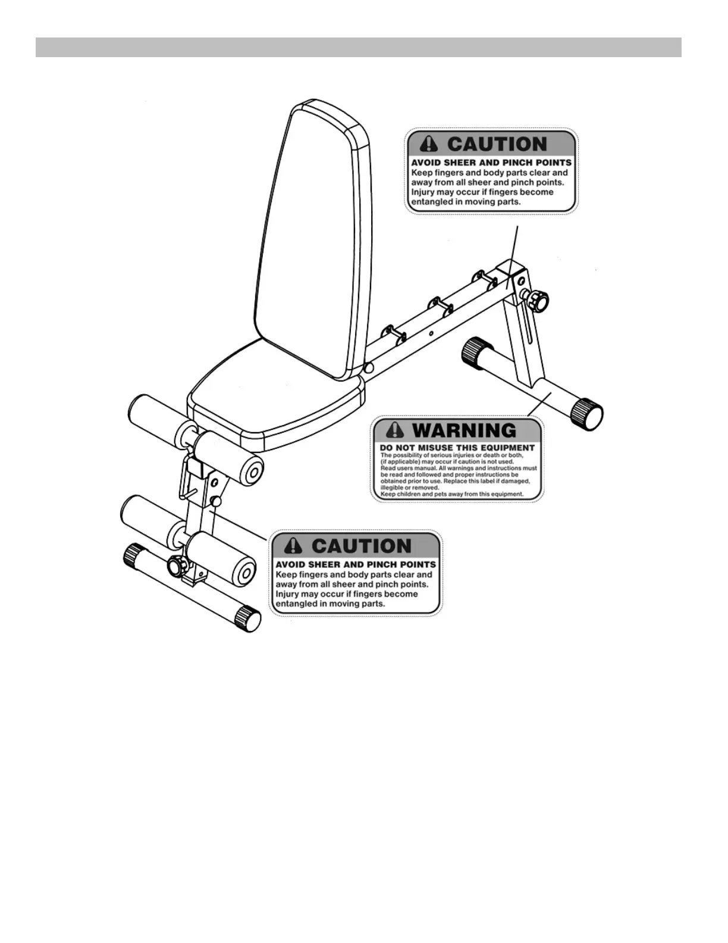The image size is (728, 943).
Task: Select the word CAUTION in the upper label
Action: point(497,145)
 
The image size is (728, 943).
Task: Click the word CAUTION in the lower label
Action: point(361,546)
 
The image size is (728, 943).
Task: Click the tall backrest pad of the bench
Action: point(312,238)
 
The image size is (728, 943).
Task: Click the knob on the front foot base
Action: point(176,564)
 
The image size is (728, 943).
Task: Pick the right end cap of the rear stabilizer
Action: point(587,411)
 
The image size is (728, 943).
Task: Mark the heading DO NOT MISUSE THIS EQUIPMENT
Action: point(457,448)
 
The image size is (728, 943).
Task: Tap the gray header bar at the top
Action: point(358,47)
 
